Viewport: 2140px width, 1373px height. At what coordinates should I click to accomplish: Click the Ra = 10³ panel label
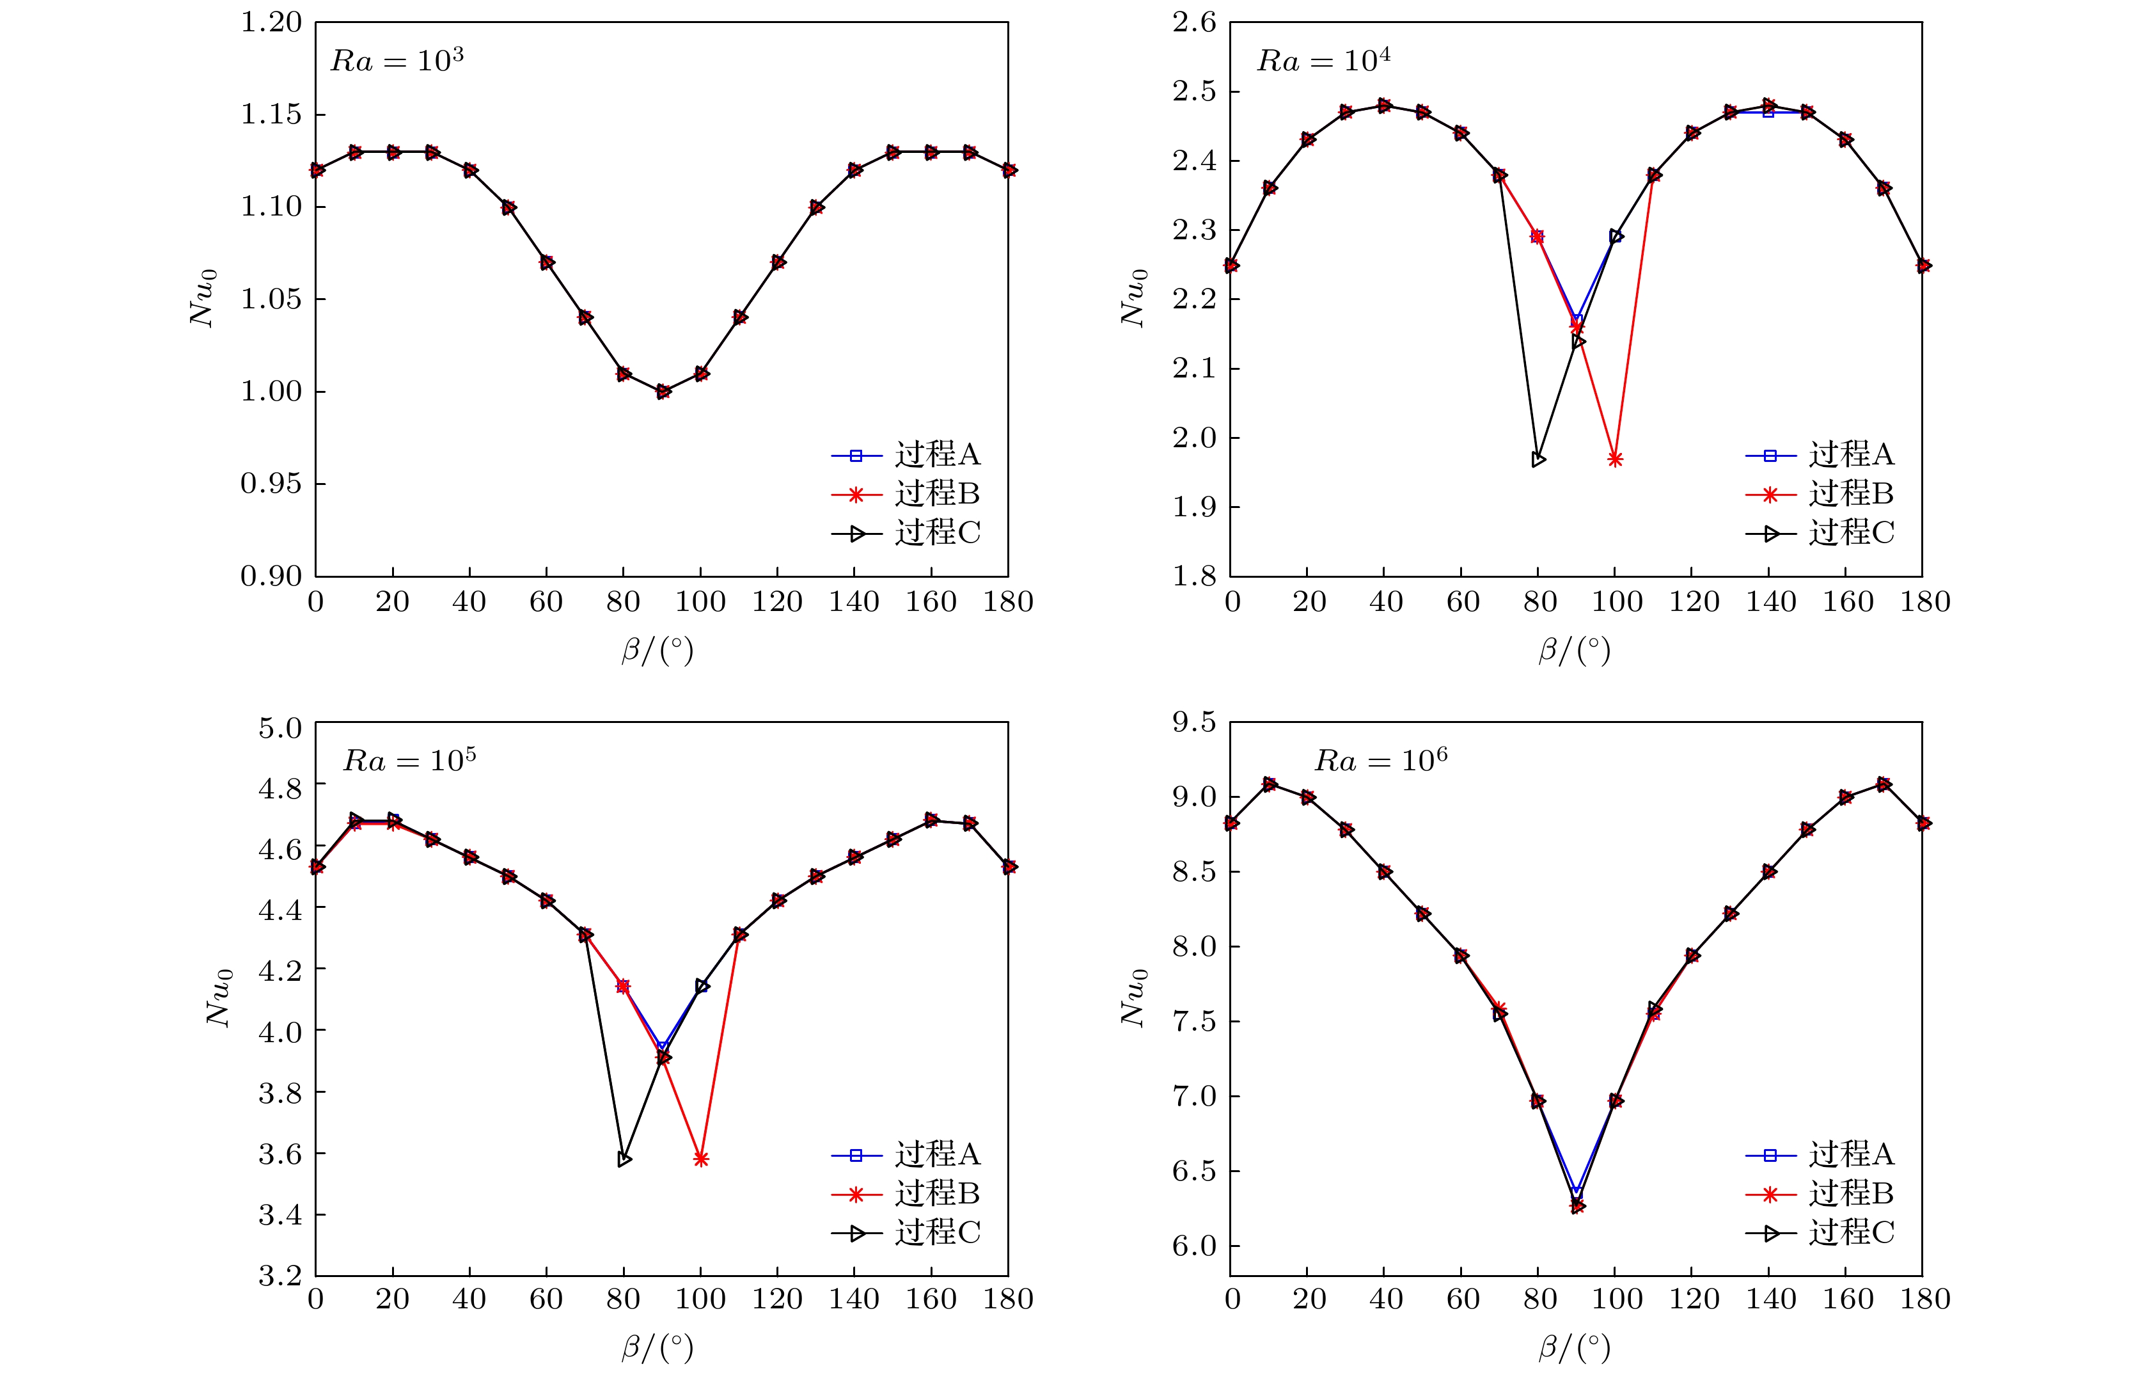coord(397,61)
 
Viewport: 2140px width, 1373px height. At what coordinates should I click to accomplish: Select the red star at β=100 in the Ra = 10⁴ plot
coord(1615,459)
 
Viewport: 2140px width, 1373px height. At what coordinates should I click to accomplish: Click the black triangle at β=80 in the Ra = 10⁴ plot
coord(1538,459)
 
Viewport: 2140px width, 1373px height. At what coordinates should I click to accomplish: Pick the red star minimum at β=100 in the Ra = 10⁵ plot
coord(700,1159)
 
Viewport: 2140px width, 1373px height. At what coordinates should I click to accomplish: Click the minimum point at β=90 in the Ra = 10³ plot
coord(662,392)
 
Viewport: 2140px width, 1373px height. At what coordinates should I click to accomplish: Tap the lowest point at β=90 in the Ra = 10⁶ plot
coord(1577,1206)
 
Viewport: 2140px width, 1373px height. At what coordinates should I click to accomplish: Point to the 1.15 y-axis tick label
coord(271,114)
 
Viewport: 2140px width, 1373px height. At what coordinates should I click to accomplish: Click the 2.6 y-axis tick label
coord(1194,22)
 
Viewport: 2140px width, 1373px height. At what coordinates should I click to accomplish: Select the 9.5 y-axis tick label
coord(1194,721)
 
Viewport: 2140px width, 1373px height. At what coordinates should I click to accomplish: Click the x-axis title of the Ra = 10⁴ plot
coord(1575,650)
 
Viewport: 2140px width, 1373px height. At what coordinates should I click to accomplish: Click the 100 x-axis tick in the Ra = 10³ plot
coord(700,602)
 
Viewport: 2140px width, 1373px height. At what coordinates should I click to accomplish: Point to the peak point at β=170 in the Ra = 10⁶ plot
coord(1884,784)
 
